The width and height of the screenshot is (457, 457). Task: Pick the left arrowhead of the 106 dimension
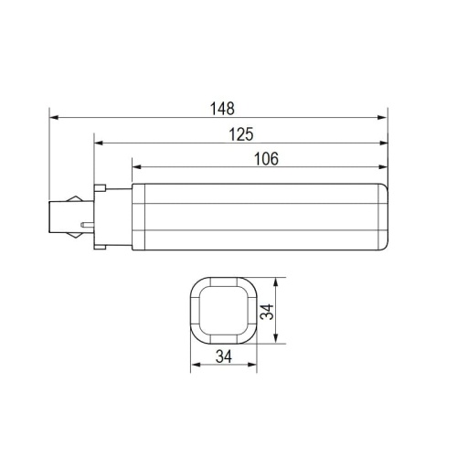tap(136, 167)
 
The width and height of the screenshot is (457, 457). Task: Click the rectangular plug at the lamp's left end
tap(62, 217)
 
